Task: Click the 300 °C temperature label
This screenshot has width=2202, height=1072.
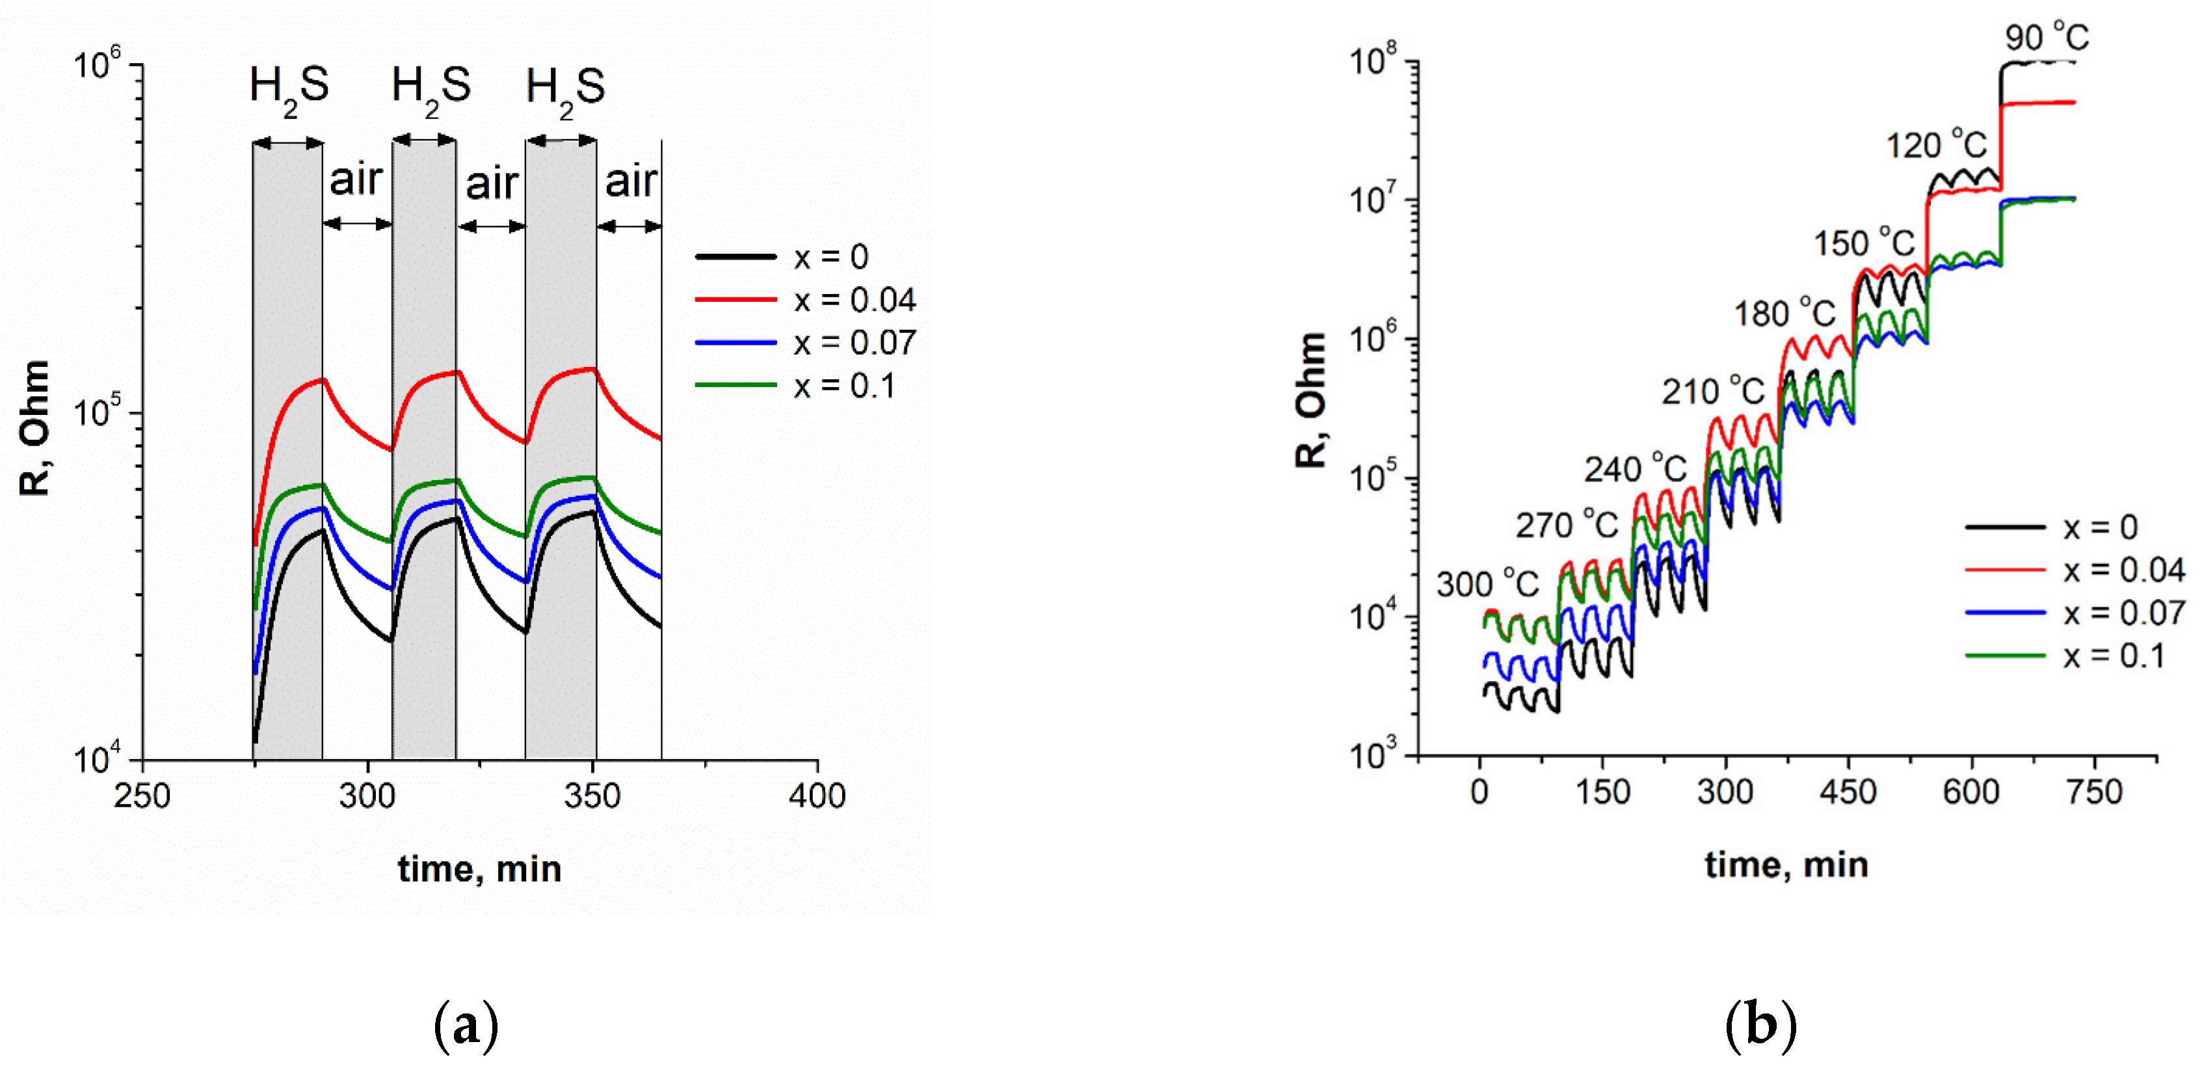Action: (1487, 585)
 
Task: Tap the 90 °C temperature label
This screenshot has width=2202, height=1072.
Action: (2047, 38)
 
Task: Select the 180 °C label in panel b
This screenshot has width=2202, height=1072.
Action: (1784, 314)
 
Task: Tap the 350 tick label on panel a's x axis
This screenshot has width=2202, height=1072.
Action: (592, 797)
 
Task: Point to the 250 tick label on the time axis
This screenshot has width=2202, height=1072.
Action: (142, 797)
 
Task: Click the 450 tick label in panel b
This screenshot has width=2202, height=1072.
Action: (1848, 792)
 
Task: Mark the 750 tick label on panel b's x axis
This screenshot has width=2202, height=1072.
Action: (2094, 792)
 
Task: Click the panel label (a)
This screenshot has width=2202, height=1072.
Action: (466, 1026)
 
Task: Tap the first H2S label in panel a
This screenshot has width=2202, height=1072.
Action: (289, 87)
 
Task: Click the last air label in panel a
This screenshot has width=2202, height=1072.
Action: (631, 181)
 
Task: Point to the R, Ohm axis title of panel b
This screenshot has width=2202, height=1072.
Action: (1310, 400)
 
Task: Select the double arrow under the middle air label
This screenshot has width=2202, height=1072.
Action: (492, 226)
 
